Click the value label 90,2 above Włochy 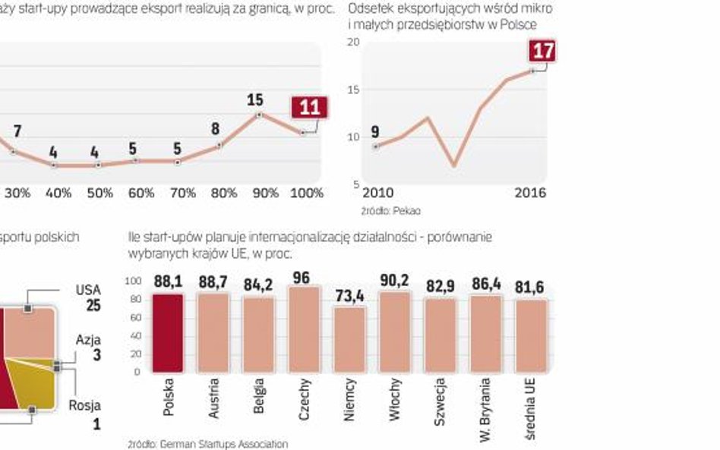tap(395, 281)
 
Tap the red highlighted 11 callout tap(309, 107)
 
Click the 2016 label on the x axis tap(530, 193)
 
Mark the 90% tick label tap(265, 194)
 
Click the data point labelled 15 tap(260, 115)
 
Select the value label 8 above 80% tap(216, 129)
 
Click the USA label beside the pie tap(88, 290)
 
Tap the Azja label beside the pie tap(88, 340)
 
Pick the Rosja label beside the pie tap(85, 406)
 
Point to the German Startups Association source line tap(208, 443)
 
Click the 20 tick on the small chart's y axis tap(353, 42)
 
